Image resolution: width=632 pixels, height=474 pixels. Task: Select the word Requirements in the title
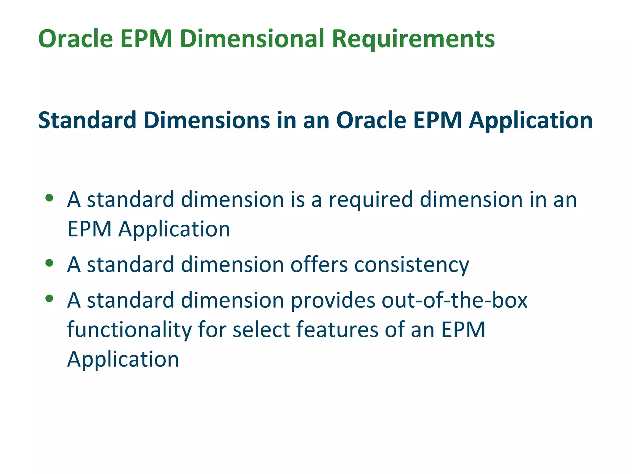(414, 39)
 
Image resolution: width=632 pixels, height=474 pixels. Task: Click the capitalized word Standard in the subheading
(87, 120)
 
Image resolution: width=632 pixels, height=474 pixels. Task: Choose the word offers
(319, 265)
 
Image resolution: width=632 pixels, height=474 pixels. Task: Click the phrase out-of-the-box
(455, 300)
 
